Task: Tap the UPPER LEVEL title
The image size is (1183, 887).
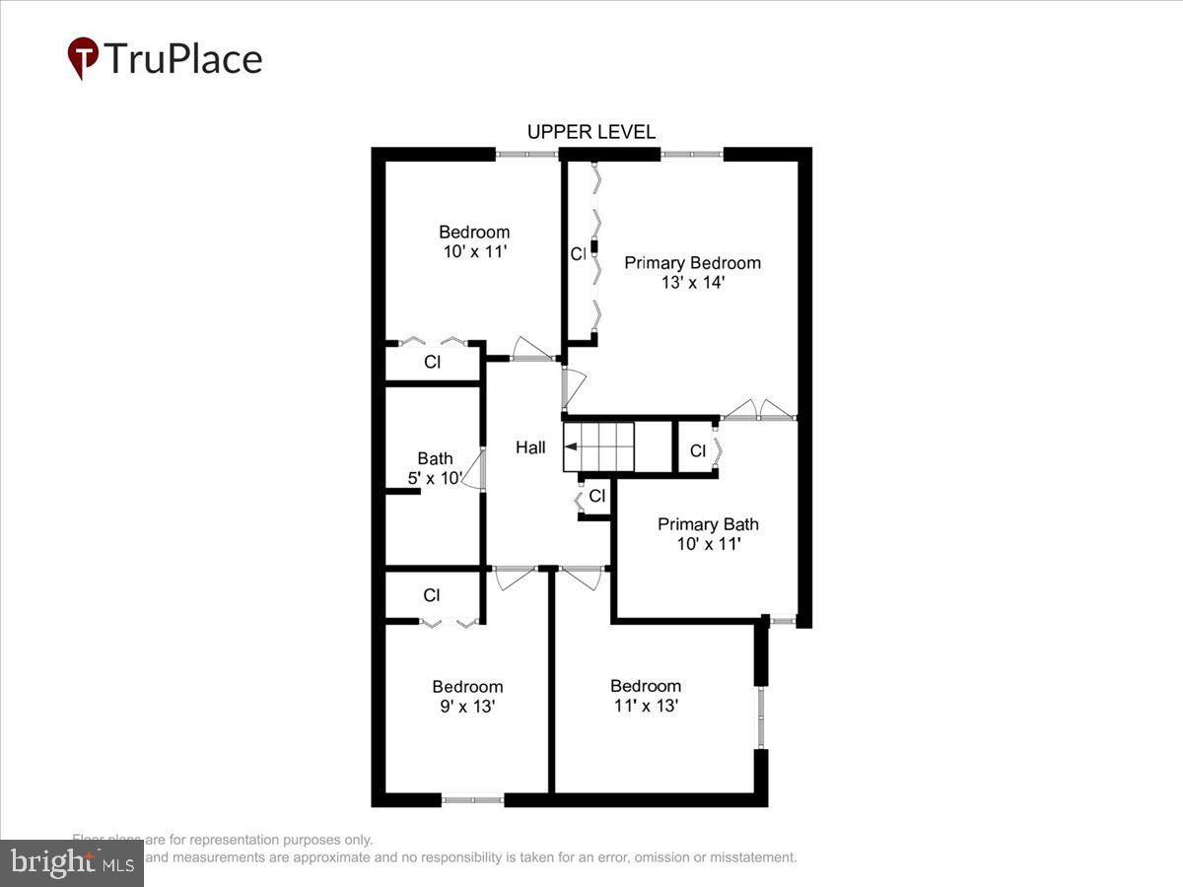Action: [x=591, y=132]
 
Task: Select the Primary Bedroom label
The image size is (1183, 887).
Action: [x=692, y=263]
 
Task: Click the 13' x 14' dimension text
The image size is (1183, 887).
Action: [x=692, y=283]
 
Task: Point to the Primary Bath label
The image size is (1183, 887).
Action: [x=708, y=524]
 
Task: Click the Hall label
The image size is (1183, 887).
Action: [x=530, y=447]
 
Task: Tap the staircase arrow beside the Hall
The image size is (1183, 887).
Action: [x=572, y=446]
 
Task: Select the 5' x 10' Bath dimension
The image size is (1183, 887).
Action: [x=435, y=478]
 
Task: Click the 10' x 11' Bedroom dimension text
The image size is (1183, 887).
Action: [x=474, y=251]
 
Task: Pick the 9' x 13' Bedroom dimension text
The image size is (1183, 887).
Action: [x=467, y=707]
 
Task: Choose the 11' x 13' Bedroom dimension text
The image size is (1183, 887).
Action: [x=645, y=706]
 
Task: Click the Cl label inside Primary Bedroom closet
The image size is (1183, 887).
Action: [x=578, y=254]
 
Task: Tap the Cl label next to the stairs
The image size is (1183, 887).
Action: [x=596, y=497]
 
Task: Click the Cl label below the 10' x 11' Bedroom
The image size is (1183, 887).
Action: [x=432, y=362]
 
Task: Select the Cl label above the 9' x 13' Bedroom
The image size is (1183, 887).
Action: [x=432, y=595]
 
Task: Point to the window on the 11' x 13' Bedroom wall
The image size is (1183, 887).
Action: [x=760, y=716]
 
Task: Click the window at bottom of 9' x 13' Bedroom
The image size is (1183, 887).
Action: [x=472, y=799]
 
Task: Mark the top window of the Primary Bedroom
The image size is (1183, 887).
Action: [x=691, y=154]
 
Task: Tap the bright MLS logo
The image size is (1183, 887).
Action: [x=71, y=862]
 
